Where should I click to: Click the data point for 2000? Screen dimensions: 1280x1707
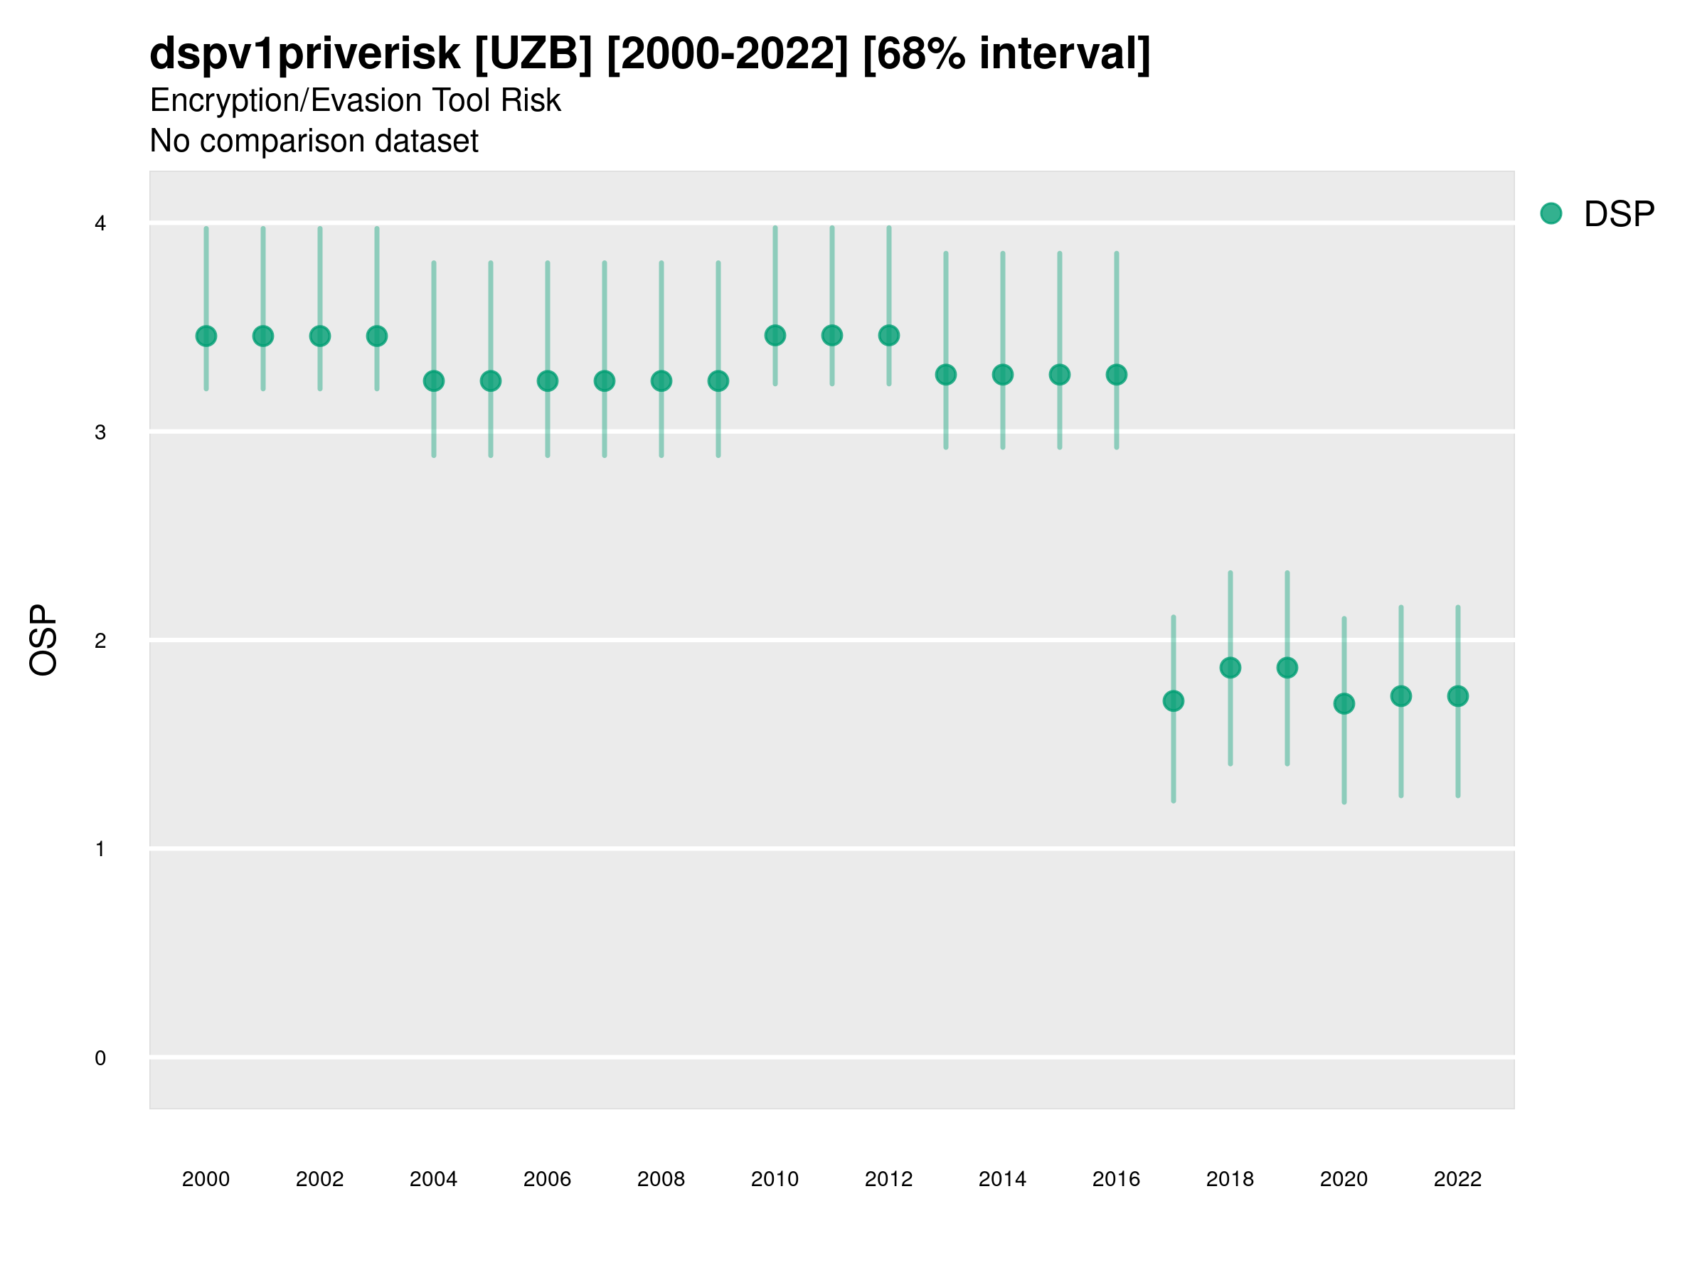[x=206, y=336]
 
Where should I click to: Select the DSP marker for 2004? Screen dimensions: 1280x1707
[x=434, y=381]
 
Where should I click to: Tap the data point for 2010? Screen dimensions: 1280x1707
[x=775, y=336]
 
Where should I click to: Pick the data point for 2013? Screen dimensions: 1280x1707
[x=945, y=375]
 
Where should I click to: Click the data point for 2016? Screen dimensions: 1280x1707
[x=1116, y=375]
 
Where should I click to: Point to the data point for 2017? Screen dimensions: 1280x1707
[x=1173, y=701]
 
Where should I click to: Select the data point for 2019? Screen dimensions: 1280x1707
[x=1287, y=668]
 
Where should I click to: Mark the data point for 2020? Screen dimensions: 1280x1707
[x=1344, y=704]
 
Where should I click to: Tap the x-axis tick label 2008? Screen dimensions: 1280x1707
[x=661, y=1180]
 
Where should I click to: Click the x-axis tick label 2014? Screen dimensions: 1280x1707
[x=1002, y=1180]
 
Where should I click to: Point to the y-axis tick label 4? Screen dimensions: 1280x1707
[x=100, y=224]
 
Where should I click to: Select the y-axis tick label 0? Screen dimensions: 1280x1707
[x=100, y=1059]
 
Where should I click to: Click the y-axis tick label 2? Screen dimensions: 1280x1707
[x=100, y=641]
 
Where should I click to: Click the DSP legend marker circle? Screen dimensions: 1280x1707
[x=1551, y=214]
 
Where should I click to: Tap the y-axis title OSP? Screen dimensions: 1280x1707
[x=43, y=641]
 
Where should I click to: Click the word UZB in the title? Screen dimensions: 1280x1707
[x=533, y=54]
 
